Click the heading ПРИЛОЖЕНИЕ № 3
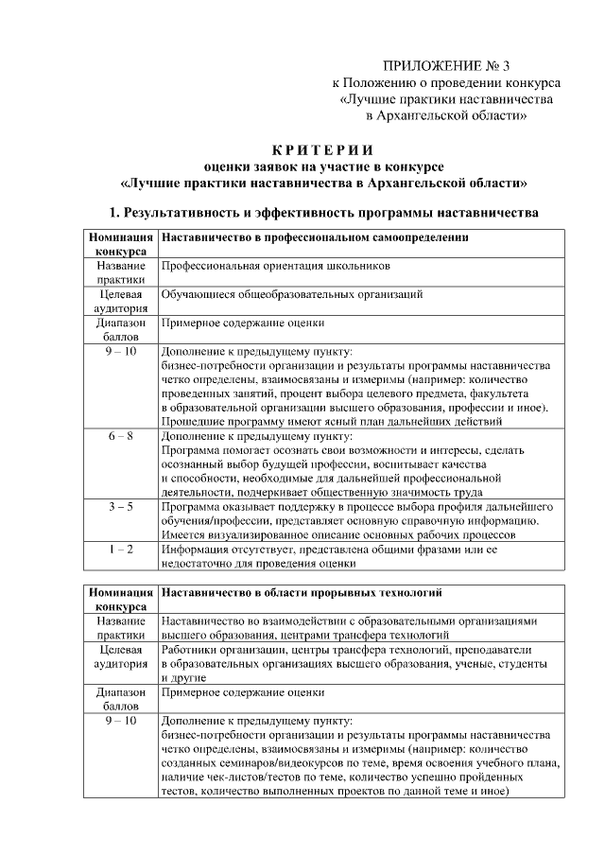(445, 66)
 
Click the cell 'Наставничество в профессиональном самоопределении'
(316, 236)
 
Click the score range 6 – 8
(120, 436)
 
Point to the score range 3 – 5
(120, 507)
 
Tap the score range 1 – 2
(120, 549)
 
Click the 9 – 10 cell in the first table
(120, 351)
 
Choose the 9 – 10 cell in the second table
(120, 721)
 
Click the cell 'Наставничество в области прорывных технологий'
(302, 593)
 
